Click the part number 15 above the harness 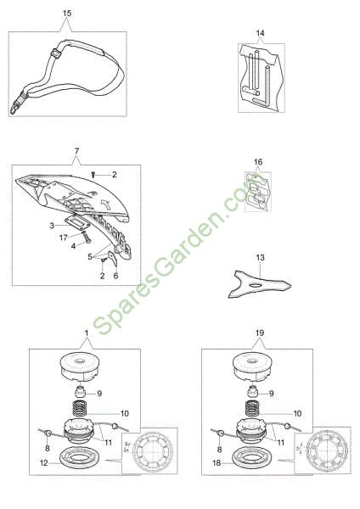point(67,14)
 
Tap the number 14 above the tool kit point(261,33)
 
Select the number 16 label point(258,162)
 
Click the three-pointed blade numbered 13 point(260,284)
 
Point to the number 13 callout point(261,257)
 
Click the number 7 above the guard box point(76,151)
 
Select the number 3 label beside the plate point(52,226)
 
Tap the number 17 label point(64,238)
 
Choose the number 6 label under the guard point(115,276)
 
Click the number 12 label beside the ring point(43,463)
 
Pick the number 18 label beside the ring point(217,463)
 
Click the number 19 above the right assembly point(260,333)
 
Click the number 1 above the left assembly point(87,333)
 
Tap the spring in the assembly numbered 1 point(79,409)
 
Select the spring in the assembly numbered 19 point(251,409)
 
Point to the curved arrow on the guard point(106,204)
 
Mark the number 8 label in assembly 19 point(219,450)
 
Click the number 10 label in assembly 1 point(125,414)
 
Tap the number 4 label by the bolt point(73,246)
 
